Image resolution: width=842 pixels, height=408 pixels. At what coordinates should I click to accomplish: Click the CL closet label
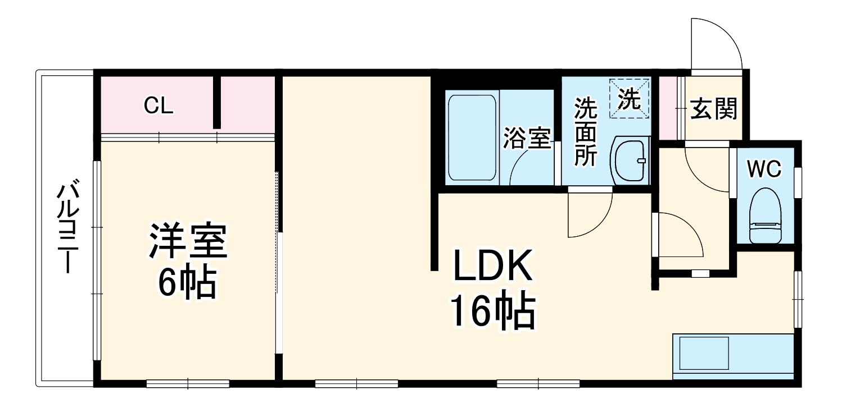pos(159,106)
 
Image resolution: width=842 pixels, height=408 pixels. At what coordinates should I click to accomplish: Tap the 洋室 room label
pos(187,241)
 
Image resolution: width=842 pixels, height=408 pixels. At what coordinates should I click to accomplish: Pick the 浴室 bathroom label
pos(527,139)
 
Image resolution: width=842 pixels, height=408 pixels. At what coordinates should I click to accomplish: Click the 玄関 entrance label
pos(713,109)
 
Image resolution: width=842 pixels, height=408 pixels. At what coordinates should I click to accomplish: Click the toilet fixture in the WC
pos(766,217)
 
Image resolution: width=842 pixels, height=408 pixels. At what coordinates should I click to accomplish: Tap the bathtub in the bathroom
pos(472,138)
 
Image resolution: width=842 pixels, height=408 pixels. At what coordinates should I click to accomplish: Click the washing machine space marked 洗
pos(630,99)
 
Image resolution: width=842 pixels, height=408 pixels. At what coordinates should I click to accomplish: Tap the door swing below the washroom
pos(588,213)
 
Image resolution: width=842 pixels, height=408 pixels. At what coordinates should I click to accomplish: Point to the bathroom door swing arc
pos(528,168)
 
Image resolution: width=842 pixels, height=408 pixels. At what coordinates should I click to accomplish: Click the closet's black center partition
pos(217,103)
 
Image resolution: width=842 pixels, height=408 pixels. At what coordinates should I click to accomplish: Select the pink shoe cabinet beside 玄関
pos(667,107)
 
